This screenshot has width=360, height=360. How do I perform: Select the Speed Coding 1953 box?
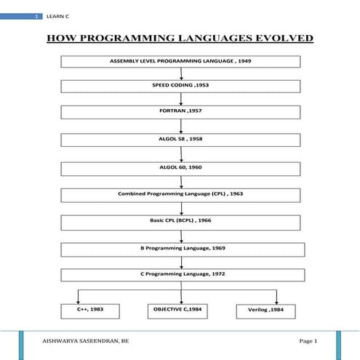pyautogui.click(x=180, y=86)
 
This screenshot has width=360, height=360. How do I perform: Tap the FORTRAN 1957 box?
pyautogui.click(x=180, y=113)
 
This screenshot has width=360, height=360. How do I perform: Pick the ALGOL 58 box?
pyautogui.click(x=180, y=140)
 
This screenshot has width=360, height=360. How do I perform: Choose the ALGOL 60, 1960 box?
pyautogui.click(x=180, y=167)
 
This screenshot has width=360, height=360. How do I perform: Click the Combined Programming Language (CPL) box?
pyautogui.click(x=180, y=194)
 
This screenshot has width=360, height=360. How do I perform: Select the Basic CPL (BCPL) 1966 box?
pyautogui.click(x=180, y=221)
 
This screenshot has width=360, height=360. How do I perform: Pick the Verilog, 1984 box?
pyautogui.click(x=267, y=311)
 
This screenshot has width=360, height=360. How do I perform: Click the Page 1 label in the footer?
pyautogui.click(x=308, y=340)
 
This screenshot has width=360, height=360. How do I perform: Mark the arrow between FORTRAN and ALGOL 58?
pyautogui.click(x=180, y=126)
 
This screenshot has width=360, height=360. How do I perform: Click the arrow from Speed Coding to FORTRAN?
pyautogui.click(x=180, y=99)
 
